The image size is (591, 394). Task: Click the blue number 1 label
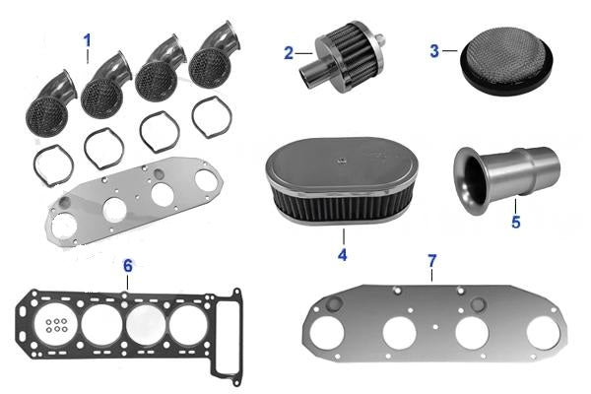coord(88,40)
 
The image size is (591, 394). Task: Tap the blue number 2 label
coord(289,53)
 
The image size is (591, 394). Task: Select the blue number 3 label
coord(434,51)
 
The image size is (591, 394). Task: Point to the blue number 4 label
coord(342,255)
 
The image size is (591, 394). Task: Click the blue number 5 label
coord(515,222)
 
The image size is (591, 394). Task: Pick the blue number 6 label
coord(128,266)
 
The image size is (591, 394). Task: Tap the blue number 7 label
coord(432,260)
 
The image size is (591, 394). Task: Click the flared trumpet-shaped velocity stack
coord(506,180)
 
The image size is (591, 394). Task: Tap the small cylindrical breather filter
coord(342,57)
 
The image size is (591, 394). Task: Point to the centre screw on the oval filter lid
coord(342,161)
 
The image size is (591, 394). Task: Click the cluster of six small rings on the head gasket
coord(56,325)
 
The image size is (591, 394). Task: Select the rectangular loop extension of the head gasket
coord(227,337)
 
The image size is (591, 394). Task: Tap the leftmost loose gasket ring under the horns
coord(53,165)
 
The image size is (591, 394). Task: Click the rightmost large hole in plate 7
coord(543,333)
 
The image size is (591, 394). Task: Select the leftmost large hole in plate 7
coord(327,333)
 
